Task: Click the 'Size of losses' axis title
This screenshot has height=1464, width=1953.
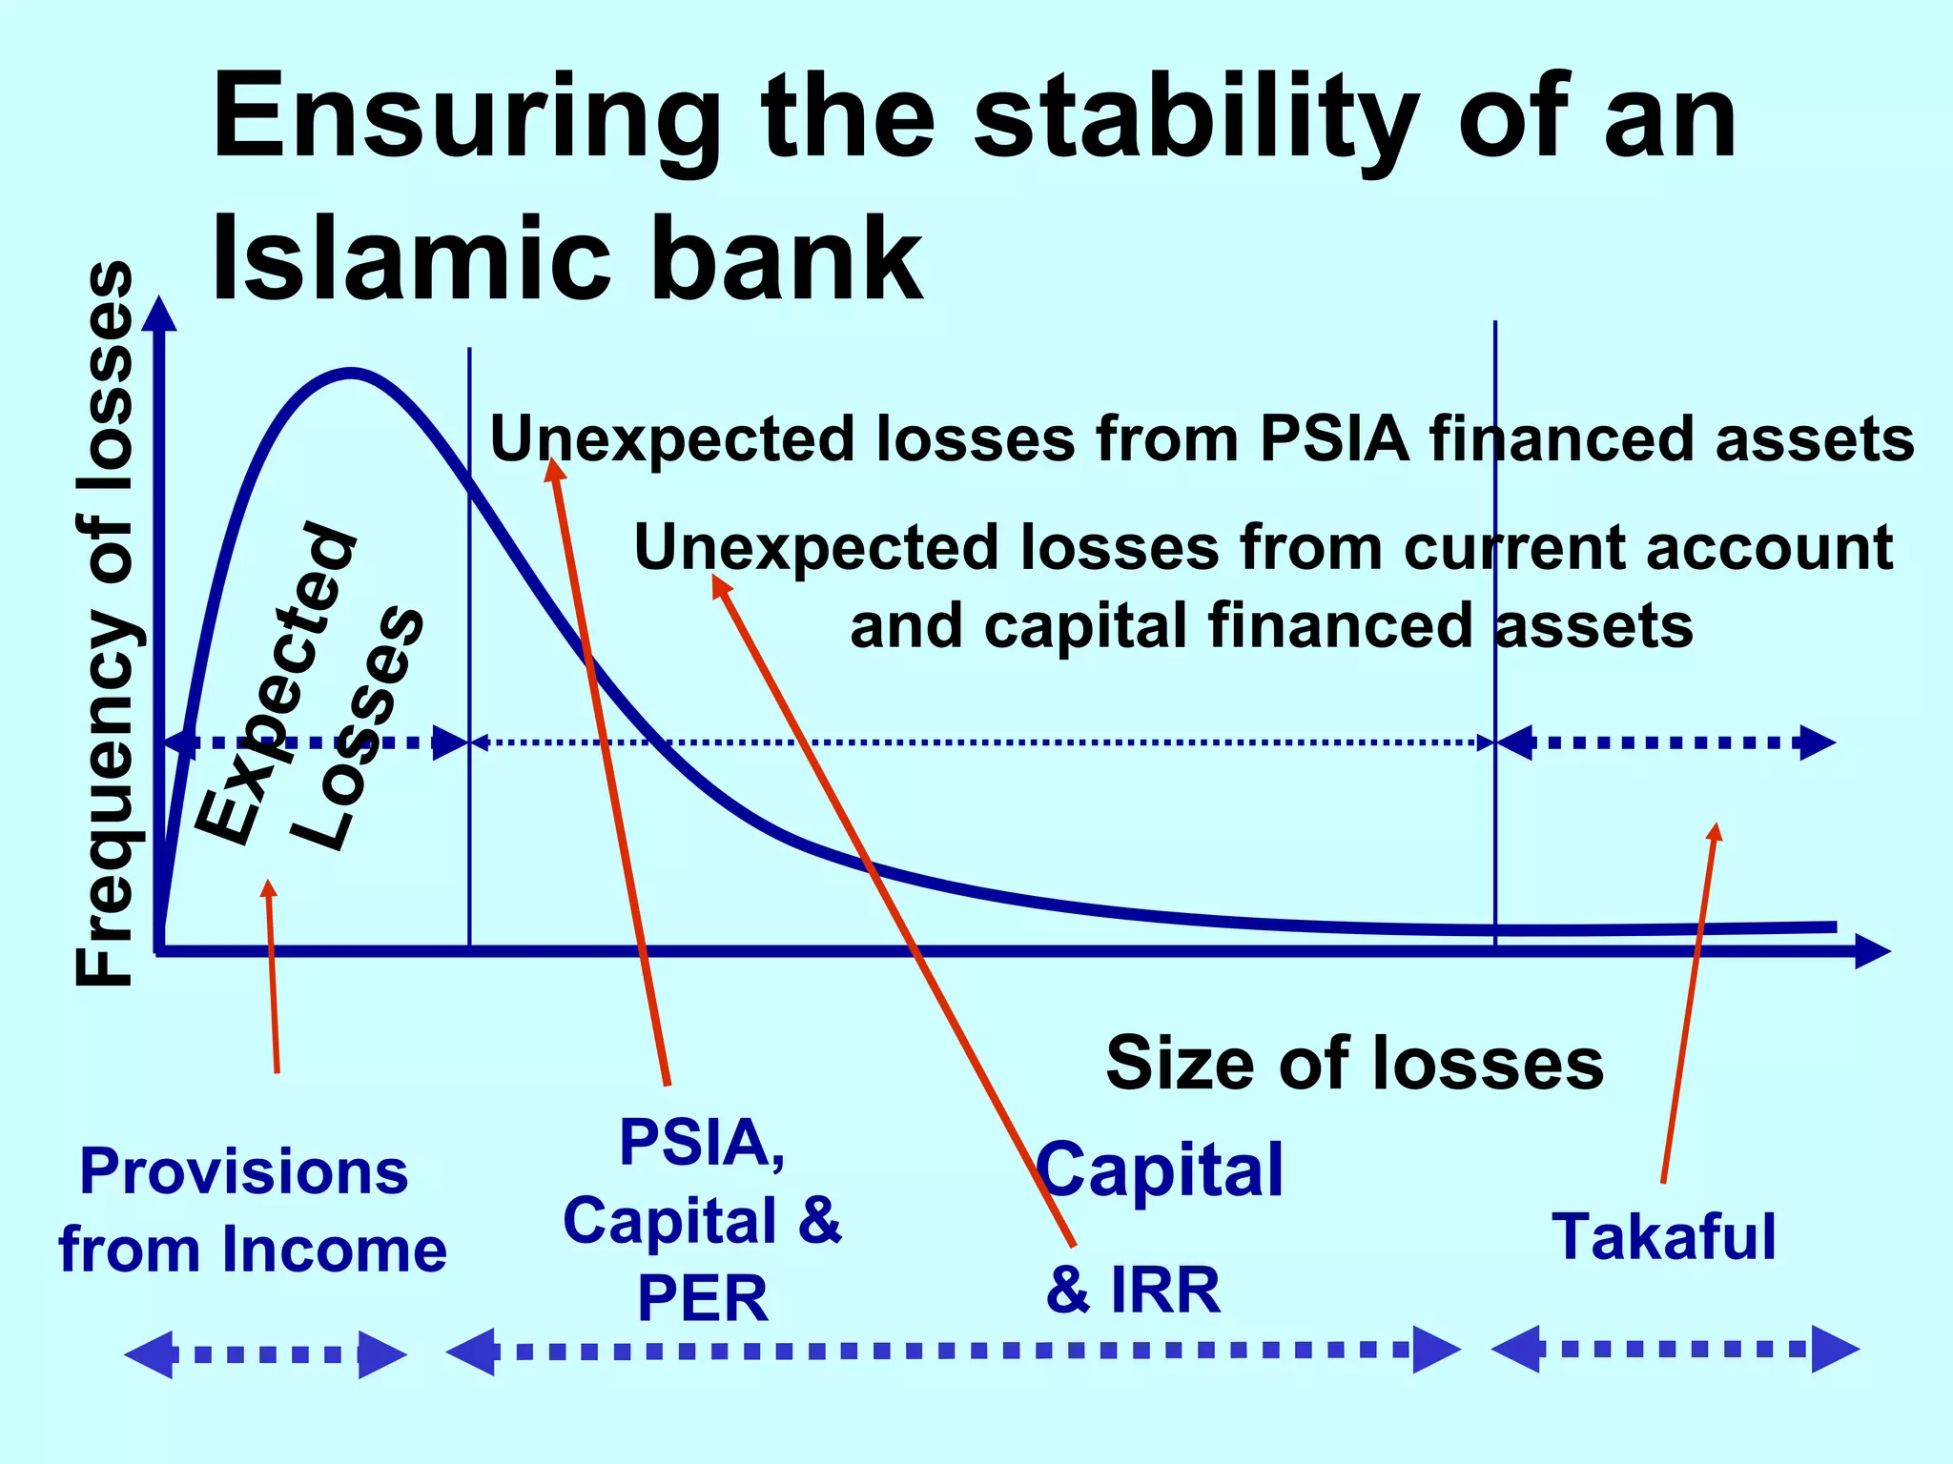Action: tap(1354, 1064)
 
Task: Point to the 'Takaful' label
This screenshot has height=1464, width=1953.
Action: tap(1664, 1237)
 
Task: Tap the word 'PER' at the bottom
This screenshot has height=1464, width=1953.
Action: tap(702, 1299)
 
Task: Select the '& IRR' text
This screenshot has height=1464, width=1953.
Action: tap(1133, 1291)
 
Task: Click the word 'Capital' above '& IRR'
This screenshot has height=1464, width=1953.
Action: tap(1160, 1170)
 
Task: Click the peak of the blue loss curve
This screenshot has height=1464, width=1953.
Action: tap(351, 373)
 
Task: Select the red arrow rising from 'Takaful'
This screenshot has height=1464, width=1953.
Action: tap(1690, 1001)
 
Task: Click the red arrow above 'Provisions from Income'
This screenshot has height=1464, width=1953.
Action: tap(273, 977)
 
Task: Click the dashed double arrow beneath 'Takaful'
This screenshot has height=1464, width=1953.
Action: tap(1675, 1349)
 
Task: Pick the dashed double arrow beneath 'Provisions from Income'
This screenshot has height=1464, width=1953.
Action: tap(265, 1354)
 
